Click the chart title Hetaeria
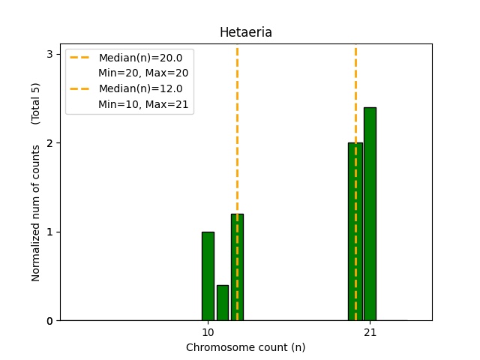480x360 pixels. click(245, 32)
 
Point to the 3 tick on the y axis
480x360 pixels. click(49, 54)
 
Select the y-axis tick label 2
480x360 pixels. click(49, 142)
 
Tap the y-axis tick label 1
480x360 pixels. click(49, 232)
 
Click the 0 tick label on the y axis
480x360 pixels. click(49, 320)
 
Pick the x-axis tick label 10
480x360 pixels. click(208, 332)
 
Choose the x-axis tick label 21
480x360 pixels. click(370, 332)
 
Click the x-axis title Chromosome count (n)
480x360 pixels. click(245, 347)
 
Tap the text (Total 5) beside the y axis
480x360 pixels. click(36, 103)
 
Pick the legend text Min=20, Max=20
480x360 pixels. click(143, 73)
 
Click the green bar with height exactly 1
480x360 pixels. click(208, 276)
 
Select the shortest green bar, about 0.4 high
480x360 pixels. click(223, 302)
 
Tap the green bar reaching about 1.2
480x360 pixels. click(237, 267)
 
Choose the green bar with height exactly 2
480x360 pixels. click(355, 232)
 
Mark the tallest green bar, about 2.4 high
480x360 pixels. click(370, 214)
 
